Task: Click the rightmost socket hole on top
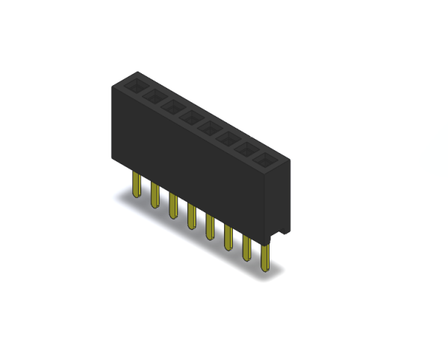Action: click(264, 158)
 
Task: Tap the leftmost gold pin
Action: click(137, 185)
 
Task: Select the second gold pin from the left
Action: click(155, 196)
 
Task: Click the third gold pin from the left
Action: click(173, 206)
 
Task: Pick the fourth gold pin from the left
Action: click(192, 217)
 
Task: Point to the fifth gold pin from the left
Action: click(210, 227)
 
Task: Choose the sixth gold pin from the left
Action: click(228, 238)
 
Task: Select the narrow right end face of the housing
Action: click(281, 198)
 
